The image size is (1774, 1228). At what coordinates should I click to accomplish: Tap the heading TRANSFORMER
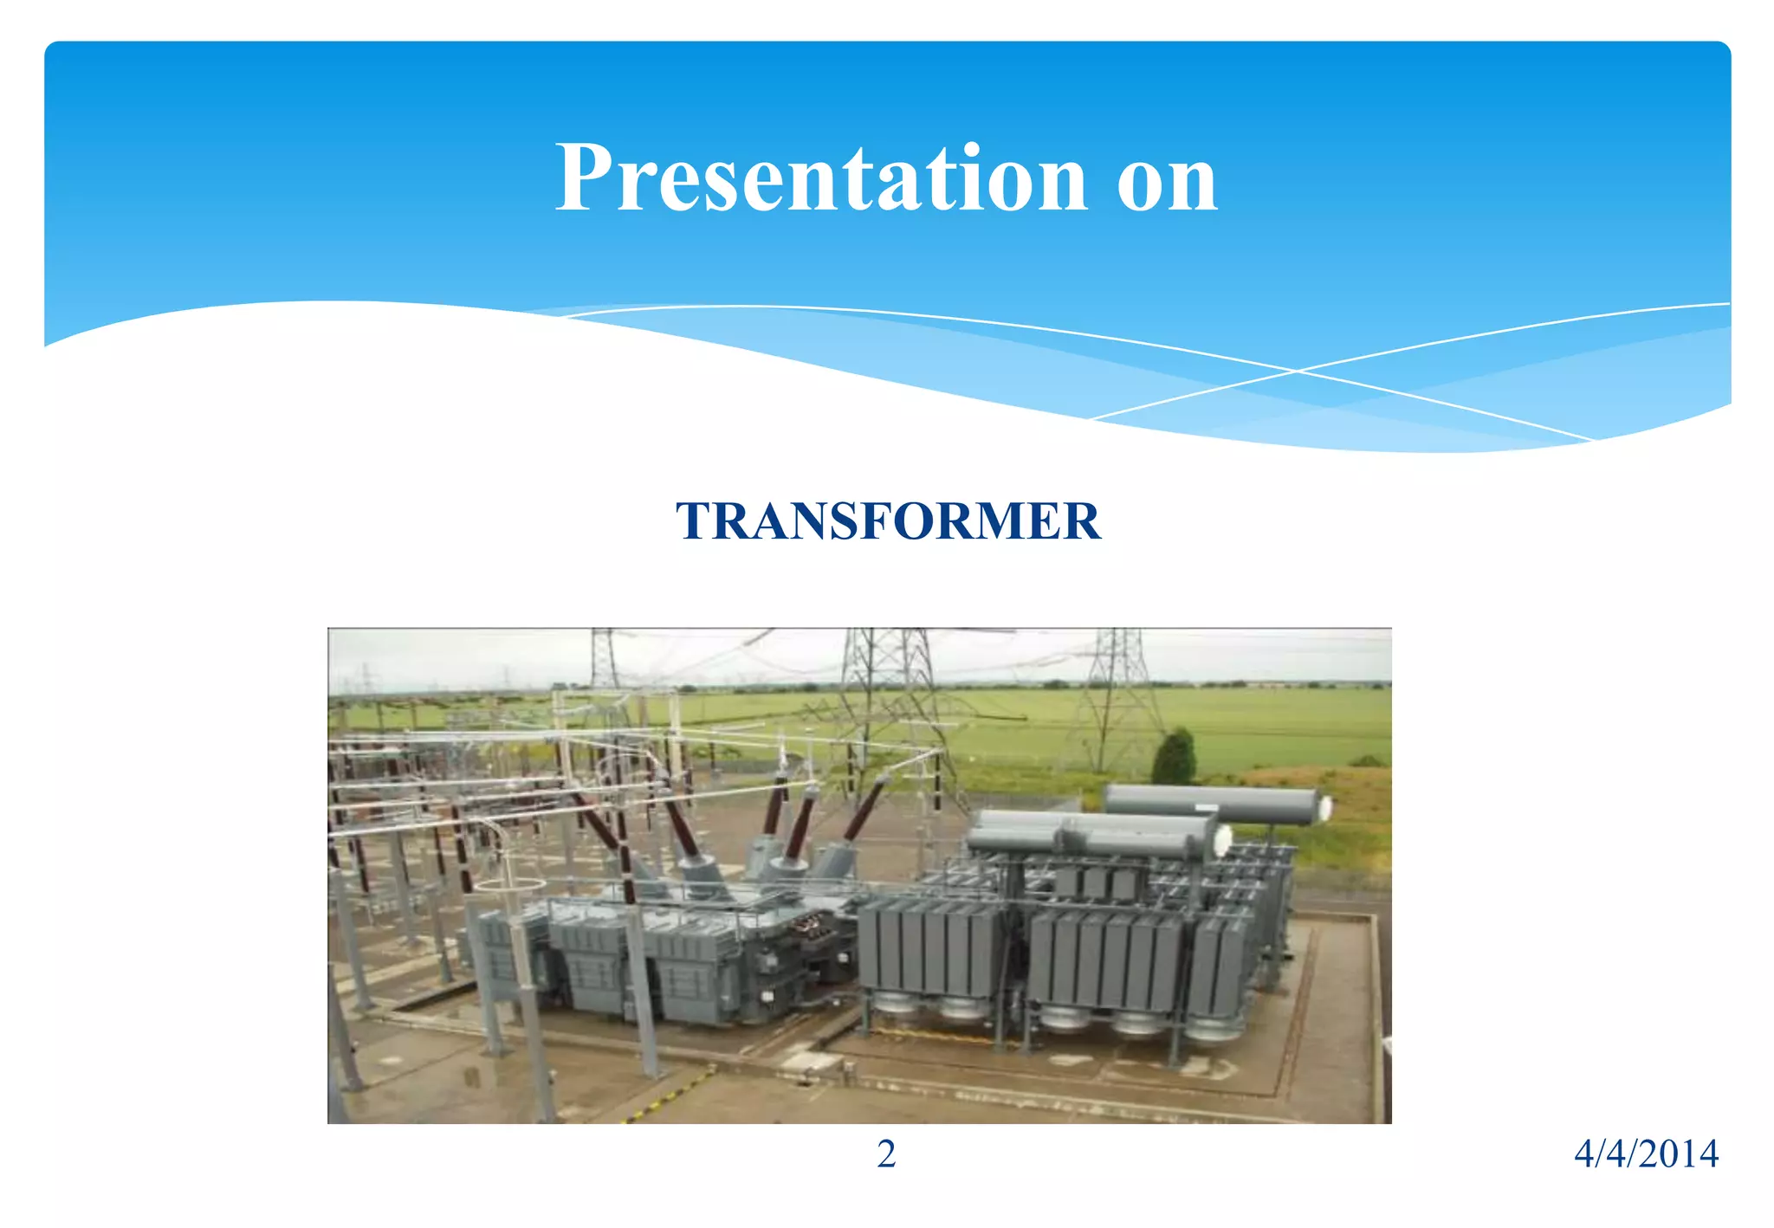(887, 521)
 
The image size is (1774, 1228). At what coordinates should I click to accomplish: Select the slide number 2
(886, 1154)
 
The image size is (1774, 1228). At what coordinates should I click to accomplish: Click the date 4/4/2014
(1645, 1154)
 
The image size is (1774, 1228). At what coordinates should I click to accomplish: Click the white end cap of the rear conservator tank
(1322, 808)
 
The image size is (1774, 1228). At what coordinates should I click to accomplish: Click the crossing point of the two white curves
(1297, 371)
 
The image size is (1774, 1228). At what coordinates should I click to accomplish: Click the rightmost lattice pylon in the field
(1117, 693)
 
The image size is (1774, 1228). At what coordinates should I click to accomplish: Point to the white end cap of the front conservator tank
(1222, 840)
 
